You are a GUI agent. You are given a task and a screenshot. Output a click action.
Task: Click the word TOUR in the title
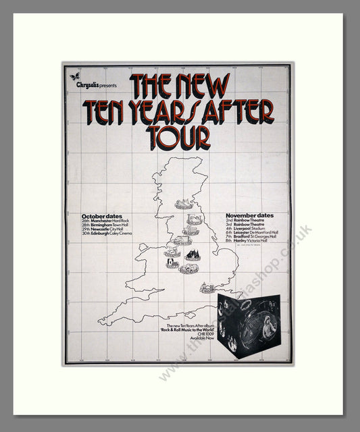tap(180, 138)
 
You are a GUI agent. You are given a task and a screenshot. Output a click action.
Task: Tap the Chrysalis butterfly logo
tap(75, 76)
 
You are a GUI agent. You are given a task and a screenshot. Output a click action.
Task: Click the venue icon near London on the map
tap(207, 288)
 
